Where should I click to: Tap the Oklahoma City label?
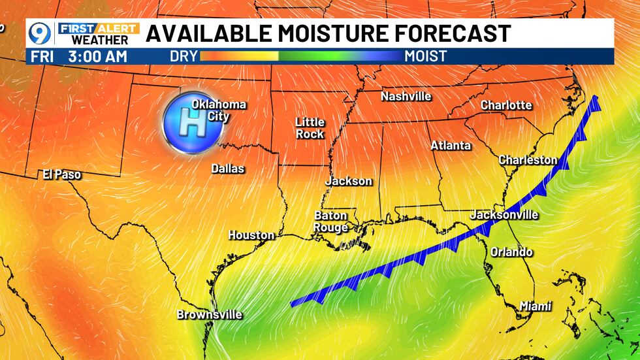click(218, 110)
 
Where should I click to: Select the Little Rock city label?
click(310, 128)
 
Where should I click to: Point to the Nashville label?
click(406, 97)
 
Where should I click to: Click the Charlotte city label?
click(506, 105)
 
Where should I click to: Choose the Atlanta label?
click(451, 146)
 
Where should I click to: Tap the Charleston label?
click(528, 160)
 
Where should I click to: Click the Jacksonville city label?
click(504, 215)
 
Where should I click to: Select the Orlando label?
click(511, 252)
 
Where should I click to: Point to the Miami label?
click(536, 306)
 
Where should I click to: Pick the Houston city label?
click(251, 235)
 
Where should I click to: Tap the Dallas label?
click(227, 169)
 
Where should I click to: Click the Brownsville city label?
click(210, 315)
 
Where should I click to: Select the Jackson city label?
click(349, 181)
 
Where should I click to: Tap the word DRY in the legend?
click(184, 56)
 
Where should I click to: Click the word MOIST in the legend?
click(426, 56)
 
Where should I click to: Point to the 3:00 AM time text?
click(97, 56)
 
